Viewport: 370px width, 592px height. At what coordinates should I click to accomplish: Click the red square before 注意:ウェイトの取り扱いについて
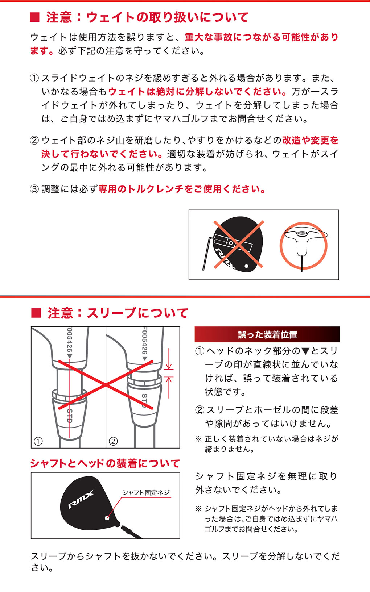click(x=34, y=17)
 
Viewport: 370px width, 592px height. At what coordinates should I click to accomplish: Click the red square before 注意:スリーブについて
click(x=36, y=313)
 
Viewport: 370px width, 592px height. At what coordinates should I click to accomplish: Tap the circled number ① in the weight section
click(x=34, y=78)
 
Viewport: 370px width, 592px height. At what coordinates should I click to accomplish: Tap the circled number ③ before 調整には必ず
click(x=34, y=189)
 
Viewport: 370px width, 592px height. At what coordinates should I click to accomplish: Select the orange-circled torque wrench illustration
click(x=303, y=245)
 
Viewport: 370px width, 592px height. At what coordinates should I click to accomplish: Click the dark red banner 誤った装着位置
click(x=267, y=334)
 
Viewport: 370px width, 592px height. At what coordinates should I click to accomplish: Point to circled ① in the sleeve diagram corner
click(x=38, y=441)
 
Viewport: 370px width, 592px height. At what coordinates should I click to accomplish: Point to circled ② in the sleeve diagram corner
click(x=113, y=441)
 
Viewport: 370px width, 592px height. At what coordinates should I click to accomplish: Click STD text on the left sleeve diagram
click(x=70, y=416)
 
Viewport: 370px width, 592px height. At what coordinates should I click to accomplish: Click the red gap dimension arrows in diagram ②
click(x=169, y=373)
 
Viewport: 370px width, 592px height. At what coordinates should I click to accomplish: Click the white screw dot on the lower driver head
click(x=107, y=518)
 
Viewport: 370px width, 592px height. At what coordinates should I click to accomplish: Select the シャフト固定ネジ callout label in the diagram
click(x=146, y=492)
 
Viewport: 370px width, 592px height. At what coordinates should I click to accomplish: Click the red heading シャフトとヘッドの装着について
click(x=105, y=463)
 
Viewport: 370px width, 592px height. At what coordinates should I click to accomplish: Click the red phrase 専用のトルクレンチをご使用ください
click(x=182, y=189)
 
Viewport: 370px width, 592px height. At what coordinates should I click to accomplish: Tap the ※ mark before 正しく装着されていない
click(x=198, y=439)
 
